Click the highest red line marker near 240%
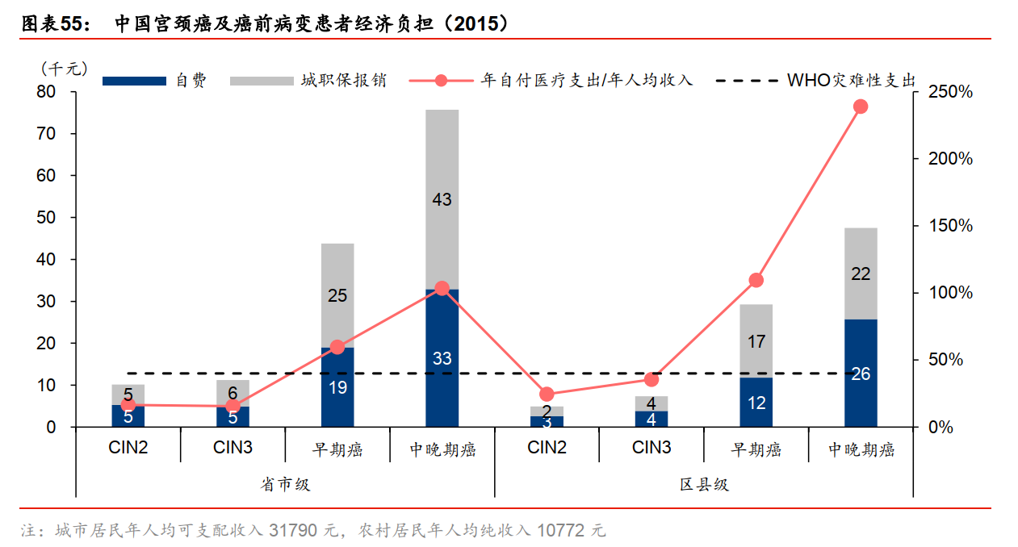pyautogui.click(x=861, y=106)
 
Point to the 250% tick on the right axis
pyautogui.click(x=949, y=92)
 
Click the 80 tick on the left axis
pyautogui.click(x=46, y=92)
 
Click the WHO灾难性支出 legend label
pyautogui.click(x=851, y=81)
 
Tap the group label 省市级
pyautogui.click(x=285, y=484)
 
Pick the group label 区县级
pyautogui.click(x=704, y=484)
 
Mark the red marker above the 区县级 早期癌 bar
pyautogui.click(x=756, y=280)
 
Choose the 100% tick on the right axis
pyautogui.click(x=949, y=293)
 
